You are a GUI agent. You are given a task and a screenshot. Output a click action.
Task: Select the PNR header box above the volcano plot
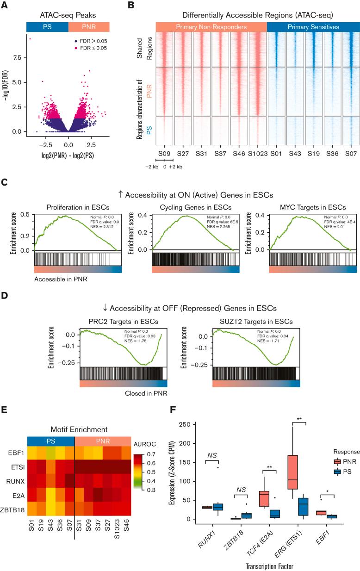(88, 27)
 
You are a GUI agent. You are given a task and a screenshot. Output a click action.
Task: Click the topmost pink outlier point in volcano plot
(31, 39)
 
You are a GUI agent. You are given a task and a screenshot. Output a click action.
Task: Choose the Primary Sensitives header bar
(313, 27)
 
